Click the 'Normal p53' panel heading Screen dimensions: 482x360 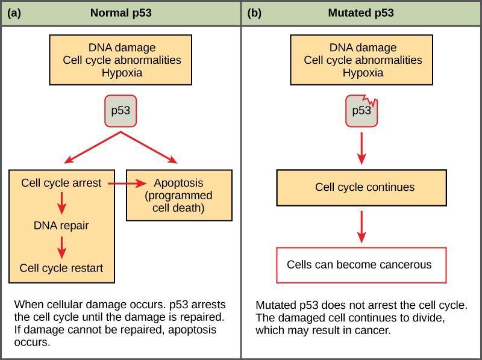[x=121, y=13]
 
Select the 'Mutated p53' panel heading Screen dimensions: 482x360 [x=361, y=13]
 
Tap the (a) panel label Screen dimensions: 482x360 [x=14, y=13]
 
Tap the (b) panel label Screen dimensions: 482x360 [x=254, y=13]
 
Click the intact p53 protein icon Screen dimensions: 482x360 [x=120, y=111]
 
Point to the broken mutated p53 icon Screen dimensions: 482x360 [x=361, y=111]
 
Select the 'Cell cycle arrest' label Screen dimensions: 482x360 [x=61, y=183]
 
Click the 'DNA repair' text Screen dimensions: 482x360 [x=61, y=226]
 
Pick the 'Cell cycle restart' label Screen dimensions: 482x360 [x=61, y=268]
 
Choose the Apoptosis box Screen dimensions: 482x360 [x=179, y=196]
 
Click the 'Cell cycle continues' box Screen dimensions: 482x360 [x=361, y=188]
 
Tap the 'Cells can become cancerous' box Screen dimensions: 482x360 [x=361, y=265]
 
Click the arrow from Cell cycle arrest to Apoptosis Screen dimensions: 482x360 [x=127, y=184]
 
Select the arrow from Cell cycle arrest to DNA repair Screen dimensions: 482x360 [x=62, y=203]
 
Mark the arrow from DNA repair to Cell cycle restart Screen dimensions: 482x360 [x=62, y=247]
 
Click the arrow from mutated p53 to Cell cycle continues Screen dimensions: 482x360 [x=362, y=148]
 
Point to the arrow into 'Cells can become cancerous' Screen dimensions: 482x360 [x=362, y=227]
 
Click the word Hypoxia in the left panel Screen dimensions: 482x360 [x=122, y=73]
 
